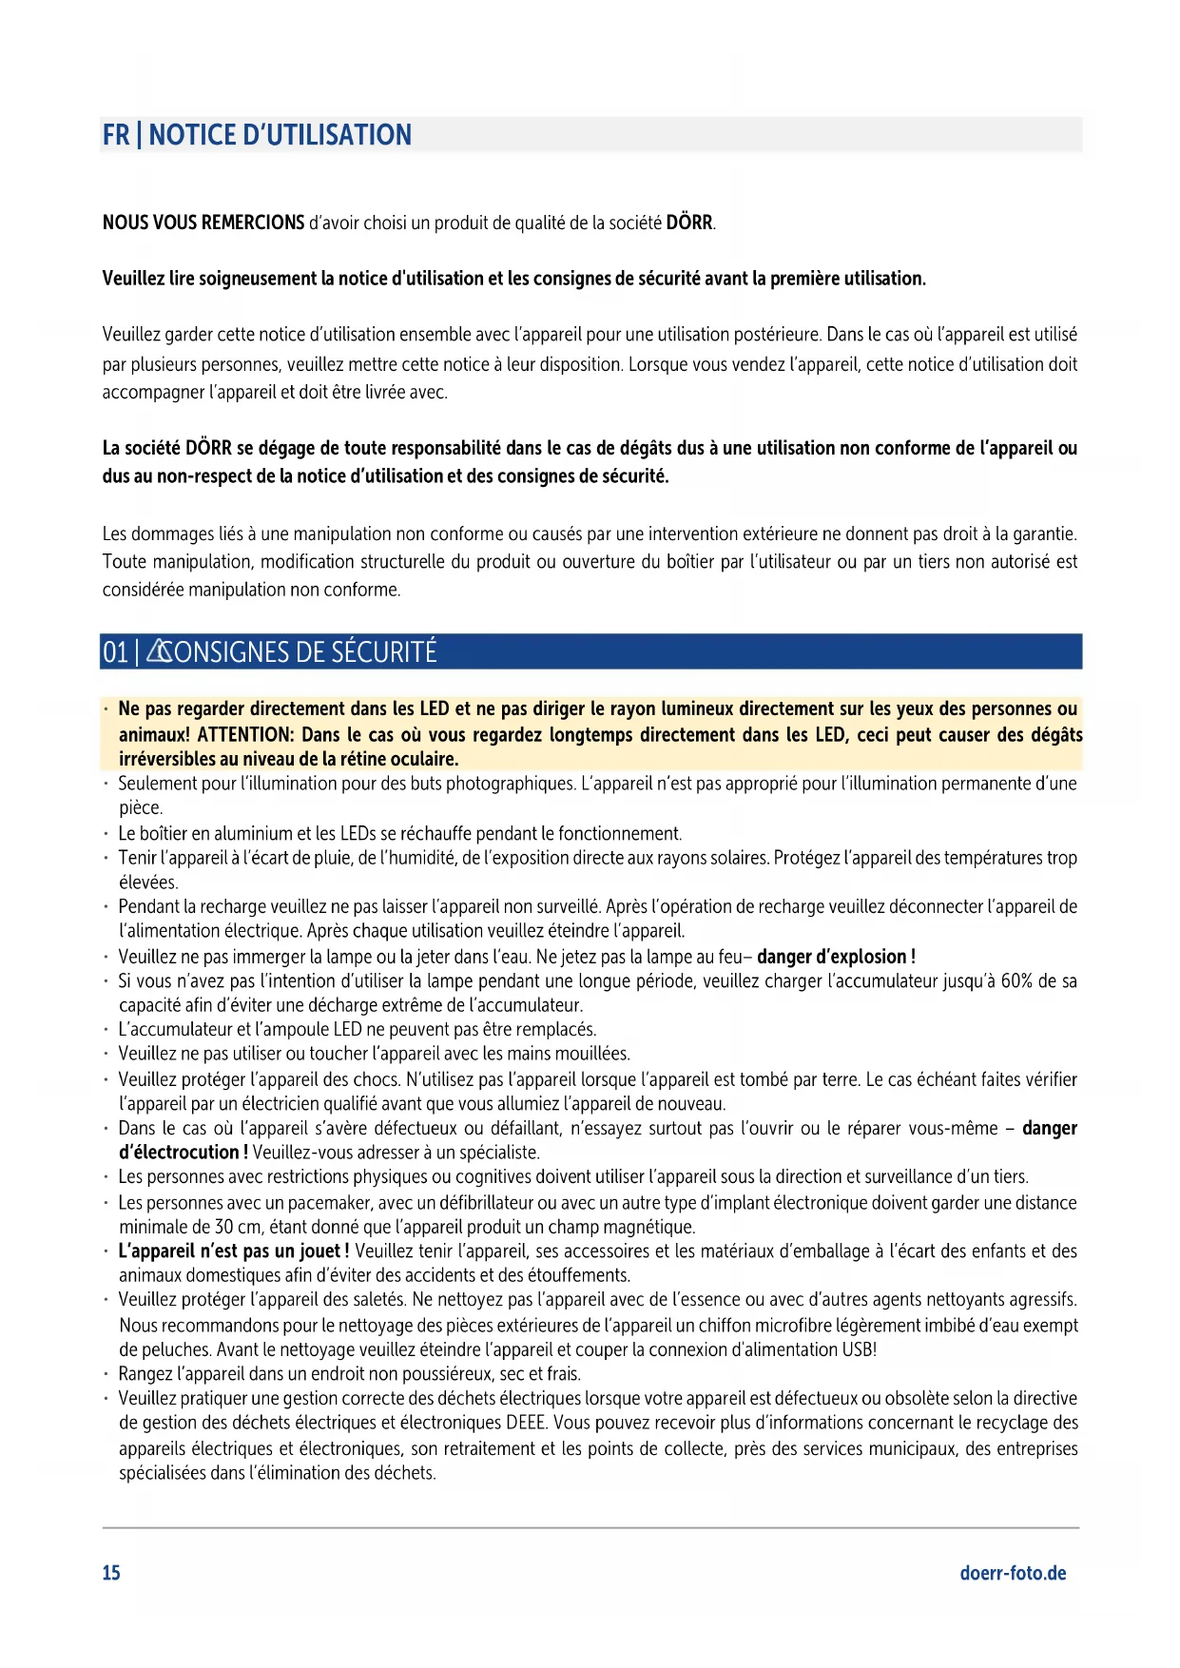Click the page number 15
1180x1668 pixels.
[111, 1573]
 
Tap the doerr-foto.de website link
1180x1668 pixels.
[1013, 1573]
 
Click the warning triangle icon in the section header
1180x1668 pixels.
[159, 652]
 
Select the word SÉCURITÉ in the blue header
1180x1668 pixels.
[385, 652]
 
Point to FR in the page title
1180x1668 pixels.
[115, 135]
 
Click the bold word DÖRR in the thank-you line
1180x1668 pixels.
[689, 223]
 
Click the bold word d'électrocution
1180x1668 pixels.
[178, 1153]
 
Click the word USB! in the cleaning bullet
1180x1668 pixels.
[859, 1349]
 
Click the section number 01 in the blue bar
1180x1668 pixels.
[114, 652]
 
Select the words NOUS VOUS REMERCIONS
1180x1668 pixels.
[203, 223]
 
